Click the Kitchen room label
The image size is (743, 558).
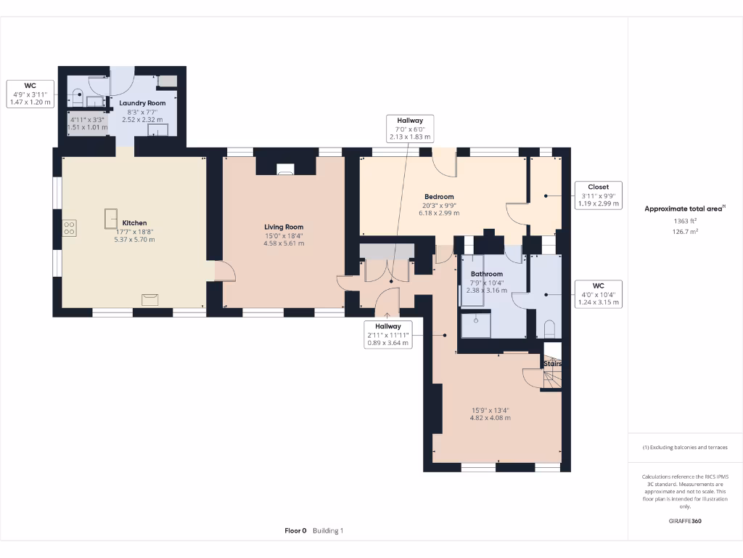click(x=134, y=223)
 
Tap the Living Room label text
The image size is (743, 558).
click(x=284, y=227)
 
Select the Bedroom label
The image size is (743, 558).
click(x=439, y=197)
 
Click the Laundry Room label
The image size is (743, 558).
click(x=142, y=103)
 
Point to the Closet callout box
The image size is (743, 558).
click(x=599, y=195)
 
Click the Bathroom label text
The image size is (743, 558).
click(x=487, y=274)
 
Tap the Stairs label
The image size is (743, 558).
click(x=552, y=363)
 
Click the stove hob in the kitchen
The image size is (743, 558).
click(x=69, y=228)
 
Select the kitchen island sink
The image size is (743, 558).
click(x=111, y=219)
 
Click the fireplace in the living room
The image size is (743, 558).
click(x=285, y=169)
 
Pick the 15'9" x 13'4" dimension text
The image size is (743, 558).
click(x=490, y=411)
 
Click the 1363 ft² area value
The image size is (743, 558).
click(x=685, y=221)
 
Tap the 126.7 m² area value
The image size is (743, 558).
click(x=685, y=232)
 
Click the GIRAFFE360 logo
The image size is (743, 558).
click(x=685, y=521)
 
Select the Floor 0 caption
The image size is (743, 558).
click(x=296, y=531)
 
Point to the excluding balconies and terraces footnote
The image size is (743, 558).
click(x=685, y=448)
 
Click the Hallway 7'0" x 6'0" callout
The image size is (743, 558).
click(x=411, y=128)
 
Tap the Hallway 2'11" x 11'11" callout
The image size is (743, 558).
click(x=388, y=334)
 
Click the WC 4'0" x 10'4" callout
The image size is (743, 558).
click(x=599, y=294)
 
